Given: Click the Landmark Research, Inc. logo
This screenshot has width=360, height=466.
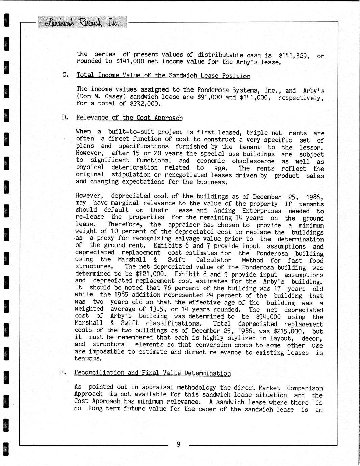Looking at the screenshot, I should pos(82,22).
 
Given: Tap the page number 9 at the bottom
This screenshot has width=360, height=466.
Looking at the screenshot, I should pos(178,444).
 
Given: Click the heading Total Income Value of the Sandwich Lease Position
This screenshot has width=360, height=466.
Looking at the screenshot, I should pos(163,76).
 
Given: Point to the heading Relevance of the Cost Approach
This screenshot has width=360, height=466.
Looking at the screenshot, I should pos(129,118).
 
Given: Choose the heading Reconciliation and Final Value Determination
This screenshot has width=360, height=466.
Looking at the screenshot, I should pos(152,373).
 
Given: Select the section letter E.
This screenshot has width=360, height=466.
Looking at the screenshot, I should pos(63,372).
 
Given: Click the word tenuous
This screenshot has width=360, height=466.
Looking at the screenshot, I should pos(88,359).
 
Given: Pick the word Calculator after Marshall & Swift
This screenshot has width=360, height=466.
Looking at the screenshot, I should pos(213,260).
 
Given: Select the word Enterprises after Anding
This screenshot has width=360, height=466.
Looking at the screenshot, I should pos(261,211).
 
